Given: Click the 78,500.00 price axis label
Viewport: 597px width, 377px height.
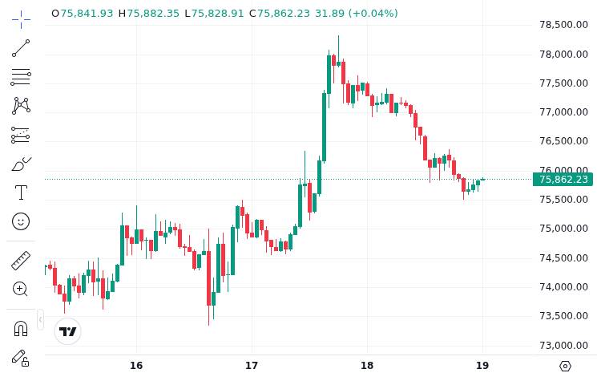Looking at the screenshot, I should pyautogui.click(x=564, y=25).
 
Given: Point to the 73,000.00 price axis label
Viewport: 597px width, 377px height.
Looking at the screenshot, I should pyautogui.click(x=564, y=345).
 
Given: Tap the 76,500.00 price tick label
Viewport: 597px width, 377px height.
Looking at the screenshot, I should pyautogui.click(x=564, y=141).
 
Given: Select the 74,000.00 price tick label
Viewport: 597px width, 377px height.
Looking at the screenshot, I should pyautogui.click(x=564, y=286).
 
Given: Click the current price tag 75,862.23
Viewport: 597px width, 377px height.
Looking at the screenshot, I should pyautogui.click(x=563, y=179).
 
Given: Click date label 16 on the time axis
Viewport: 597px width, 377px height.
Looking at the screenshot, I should pyautogui.click(x=135, y=366).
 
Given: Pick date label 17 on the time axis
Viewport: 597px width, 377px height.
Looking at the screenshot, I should pyautogui.click(x=252, y=366).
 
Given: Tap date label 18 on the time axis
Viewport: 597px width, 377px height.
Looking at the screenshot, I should pyautogui.click(x=367, y=366).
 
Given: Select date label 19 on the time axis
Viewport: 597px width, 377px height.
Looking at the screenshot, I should pyautogui.click(x=482, y=366).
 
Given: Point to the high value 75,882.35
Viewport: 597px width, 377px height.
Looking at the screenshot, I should pyautogui.click(x=153, y=14).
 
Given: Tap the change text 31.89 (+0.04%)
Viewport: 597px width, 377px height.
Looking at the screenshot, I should pyautogui.click(x=356, y=14).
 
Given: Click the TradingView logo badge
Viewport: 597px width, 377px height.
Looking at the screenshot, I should pyautogui.click(x=68, y=331).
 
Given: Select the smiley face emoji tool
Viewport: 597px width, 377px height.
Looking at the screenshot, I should pyautogui.click(x=21, y=221).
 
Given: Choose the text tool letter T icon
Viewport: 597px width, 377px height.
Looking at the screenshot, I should pyautogui.click(x=21, y=193).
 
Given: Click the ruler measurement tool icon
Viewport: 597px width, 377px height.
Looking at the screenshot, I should pyautogui.click(x=21, y=261).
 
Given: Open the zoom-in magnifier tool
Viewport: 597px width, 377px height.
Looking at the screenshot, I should pyautogui.click(x=21, y=289).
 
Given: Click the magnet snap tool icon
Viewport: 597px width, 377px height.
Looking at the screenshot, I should pyautogui.click(x=21, y=328).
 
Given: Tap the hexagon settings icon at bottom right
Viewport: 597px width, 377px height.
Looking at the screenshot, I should pyautogui.click(x=565, y=366).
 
